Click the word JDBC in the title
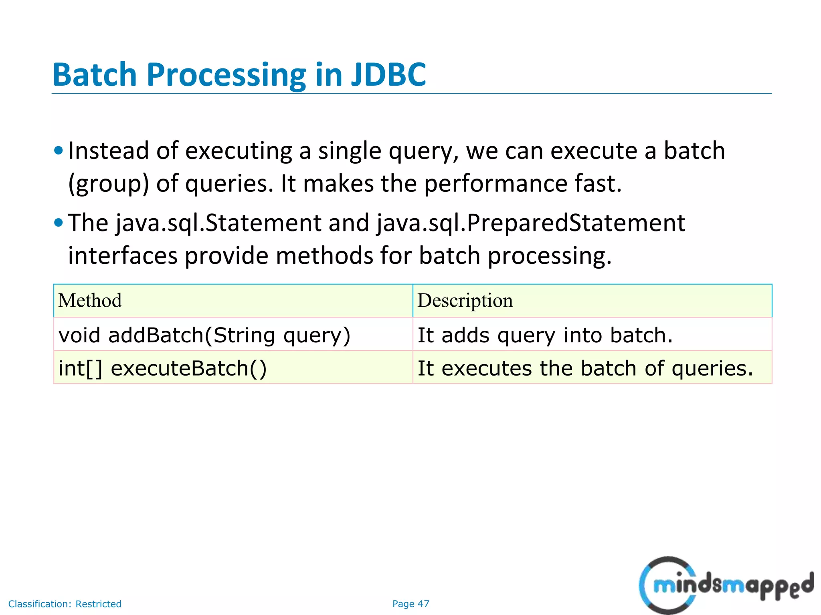point(388,75)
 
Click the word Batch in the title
point(95,75)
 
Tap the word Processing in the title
point(226,75)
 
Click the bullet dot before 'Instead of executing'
point(59,151)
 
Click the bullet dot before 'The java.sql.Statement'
point(59,223)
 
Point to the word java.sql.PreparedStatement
point(531,223)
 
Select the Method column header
point(90,301)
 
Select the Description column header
point(465,301)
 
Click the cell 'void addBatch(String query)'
point(204,335)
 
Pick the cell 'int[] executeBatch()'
point(162,368)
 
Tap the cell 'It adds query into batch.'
point(545,335)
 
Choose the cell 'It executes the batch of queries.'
point(585,368)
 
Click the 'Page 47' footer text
point(410,604)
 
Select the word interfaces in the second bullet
point(122,256)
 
